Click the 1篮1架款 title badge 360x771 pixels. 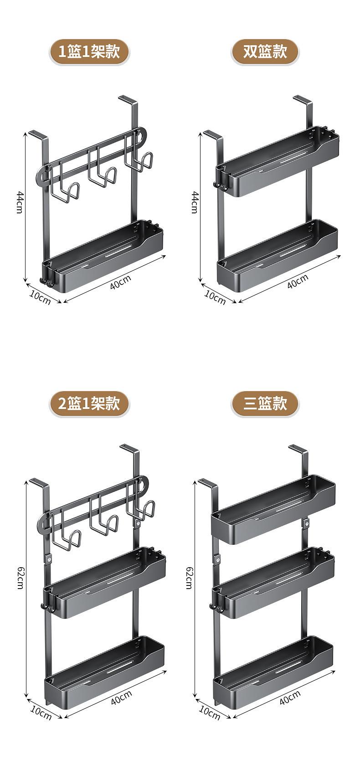[89, 52]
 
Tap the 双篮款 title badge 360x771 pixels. [265, 52]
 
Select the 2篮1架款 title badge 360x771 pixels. [89, 404]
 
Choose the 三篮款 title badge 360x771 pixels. [265, 404]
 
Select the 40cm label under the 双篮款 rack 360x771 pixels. [297, 281]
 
